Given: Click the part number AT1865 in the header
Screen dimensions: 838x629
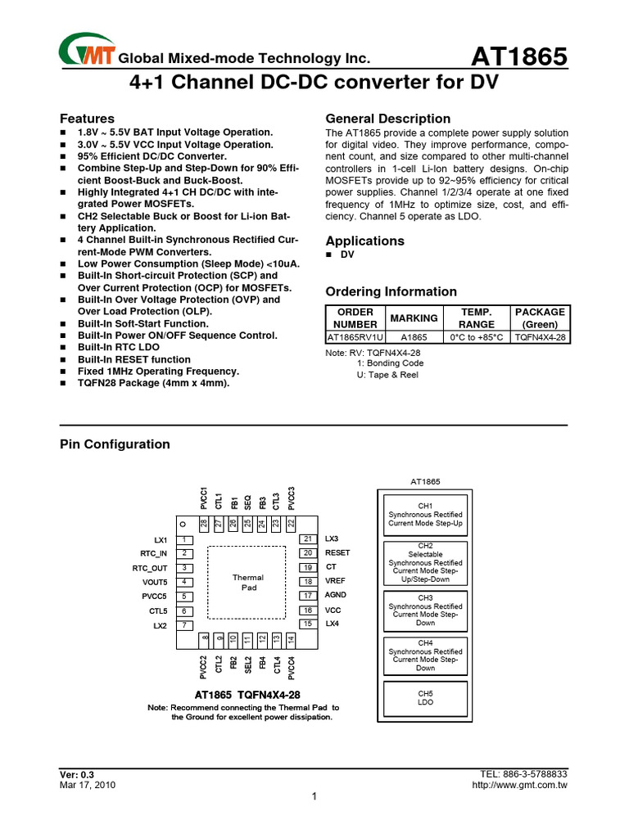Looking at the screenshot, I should tap(519, 57).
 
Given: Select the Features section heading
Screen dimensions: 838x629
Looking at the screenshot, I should tap(88, 119).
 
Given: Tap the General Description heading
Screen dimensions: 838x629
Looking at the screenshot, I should tap(388, 119).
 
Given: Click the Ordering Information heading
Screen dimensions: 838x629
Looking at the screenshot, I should tap(391, 292).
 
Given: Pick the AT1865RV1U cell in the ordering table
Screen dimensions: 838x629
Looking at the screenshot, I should tap(355, 337).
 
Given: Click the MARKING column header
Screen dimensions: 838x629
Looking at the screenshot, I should tap(414, 318).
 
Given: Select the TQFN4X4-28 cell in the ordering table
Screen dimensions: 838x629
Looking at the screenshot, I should tap(541, 337).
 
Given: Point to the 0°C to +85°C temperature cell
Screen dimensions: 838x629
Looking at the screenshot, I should tap(477, 337).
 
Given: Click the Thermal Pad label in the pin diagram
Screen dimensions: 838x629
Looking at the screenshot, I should tap(248, 583).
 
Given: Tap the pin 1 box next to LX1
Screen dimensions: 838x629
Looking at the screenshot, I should tap(187, 540).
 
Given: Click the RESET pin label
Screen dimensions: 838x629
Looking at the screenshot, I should tap(337, 553).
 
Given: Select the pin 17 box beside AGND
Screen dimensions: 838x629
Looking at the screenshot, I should tap(308, 596).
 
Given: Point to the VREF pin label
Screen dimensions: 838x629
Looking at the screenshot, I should tap(336, 581).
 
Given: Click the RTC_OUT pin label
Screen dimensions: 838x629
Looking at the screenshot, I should tap(149, 568).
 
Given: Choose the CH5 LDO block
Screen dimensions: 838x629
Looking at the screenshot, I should tap(425, 697).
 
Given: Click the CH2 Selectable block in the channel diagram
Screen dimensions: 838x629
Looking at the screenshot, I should tap(425, 562).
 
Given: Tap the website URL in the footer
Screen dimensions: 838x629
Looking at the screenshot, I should tap(521, 785).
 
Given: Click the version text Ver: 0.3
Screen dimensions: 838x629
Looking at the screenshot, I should tap(77, 774).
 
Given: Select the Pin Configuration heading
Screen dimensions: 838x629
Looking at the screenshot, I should tap(115, 444).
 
